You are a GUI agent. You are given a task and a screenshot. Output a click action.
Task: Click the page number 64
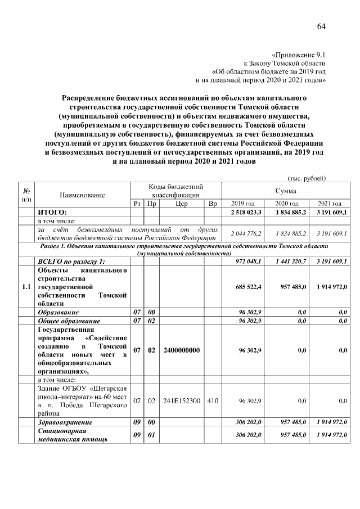(321, 26)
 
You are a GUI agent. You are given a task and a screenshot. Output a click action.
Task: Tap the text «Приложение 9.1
(299, 55)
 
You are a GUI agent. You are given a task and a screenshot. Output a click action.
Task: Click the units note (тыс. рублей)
(307, 178)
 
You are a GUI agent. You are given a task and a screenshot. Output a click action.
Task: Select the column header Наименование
(83, 195)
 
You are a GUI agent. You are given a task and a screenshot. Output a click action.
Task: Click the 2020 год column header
(286, 204)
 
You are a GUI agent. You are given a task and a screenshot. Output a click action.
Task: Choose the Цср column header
(181, 204)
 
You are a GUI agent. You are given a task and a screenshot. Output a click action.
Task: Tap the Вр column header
(212, 204)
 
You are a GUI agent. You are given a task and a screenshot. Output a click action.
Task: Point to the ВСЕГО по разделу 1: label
(71, 262)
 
